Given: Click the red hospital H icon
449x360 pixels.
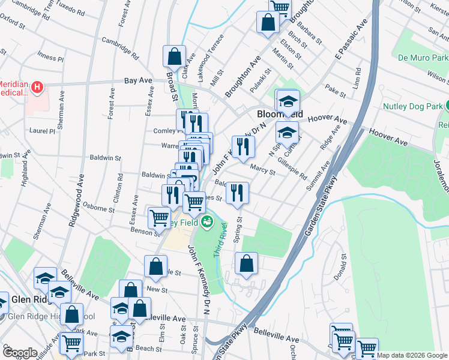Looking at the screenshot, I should (38, 88).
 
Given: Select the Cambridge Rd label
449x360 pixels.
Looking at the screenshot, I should (119, 47).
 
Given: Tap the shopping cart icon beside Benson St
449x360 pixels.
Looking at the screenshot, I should (159, 217).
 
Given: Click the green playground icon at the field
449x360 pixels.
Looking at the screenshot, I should (207, 222).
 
